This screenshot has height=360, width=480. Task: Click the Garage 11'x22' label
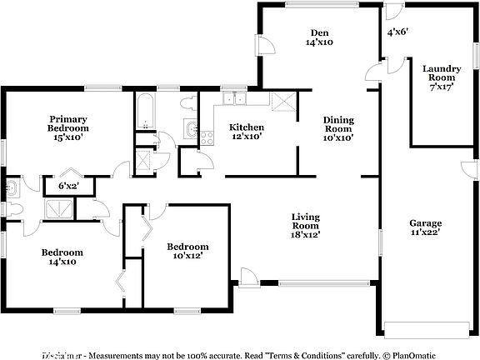[x=425, y=228]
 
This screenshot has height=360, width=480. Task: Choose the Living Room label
[x=306, y=225]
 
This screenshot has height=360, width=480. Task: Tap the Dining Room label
[x=339, y=128]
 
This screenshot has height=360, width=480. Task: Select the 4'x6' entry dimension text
[x=397, y=32]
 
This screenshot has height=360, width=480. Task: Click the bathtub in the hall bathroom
[x=146, y=112]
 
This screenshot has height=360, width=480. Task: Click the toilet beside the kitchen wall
[x=189, y=103]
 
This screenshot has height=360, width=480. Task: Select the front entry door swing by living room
[x=247, y=276]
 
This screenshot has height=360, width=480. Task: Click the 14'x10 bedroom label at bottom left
[x=62, y=257]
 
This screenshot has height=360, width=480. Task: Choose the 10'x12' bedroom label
[x=187, y=251]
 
